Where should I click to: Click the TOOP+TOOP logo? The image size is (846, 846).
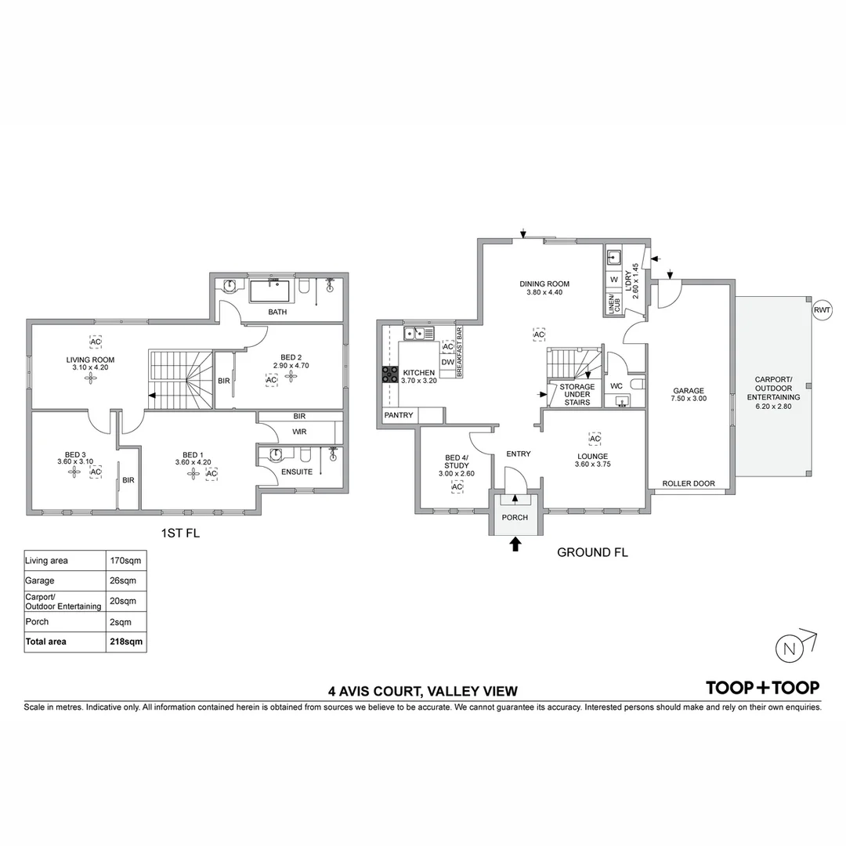click(x=763, y=688)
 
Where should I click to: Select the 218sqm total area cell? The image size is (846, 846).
click(x=125, y=641)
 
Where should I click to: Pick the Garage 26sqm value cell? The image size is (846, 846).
click(x=125, y=581)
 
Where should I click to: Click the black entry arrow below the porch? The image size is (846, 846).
click(x=515, y=544)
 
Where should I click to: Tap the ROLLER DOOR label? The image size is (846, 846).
click(x=689, y=483)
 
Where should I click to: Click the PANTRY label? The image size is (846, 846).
click(x=399, y=414)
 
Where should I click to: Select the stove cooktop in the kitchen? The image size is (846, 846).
click(x=389, y=375)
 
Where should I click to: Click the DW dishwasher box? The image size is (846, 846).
click(x=447, y=362)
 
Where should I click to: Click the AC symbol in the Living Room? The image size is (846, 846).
click(x=96, y=342)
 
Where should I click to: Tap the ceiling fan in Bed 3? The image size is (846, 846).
click(x=74, y=472)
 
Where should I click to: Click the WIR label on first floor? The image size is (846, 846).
click(x=299, y=432)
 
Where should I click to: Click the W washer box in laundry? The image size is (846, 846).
click(x=613, y=280)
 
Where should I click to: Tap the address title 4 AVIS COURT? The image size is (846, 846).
click(x=423, y=691)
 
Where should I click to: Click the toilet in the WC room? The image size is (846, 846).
click(x=637, y=385)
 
